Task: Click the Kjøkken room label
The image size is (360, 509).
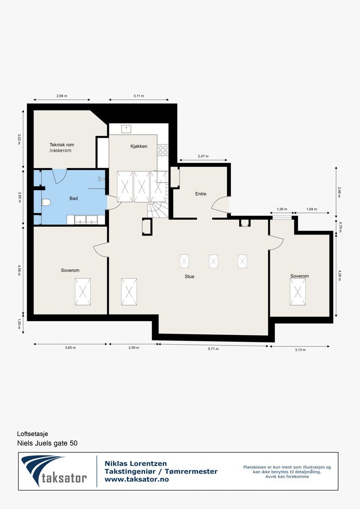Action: coord(138,146)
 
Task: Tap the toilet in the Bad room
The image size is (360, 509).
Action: coord(46,202)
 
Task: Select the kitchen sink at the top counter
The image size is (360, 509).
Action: coord(126,128)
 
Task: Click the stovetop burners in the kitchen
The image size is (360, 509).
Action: coord(163,150)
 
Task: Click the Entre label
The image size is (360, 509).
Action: coord(200,194)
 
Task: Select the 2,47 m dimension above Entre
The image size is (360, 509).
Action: coord(203,156)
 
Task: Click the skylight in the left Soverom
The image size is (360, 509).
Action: coord(83,291)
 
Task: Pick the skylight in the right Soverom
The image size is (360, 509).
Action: coord(298,292)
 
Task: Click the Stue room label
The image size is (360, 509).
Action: coord(189,277)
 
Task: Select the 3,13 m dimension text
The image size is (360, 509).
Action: coord(300,350)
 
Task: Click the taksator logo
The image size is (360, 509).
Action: coord(54,471)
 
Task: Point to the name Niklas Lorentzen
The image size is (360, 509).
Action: coord(136,464)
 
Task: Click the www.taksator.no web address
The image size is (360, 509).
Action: coord(136,479)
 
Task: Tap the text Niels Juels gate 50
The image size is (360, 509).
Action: coord(47,443)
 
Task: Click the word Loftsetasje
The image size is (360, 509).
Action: coord(33,434)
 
